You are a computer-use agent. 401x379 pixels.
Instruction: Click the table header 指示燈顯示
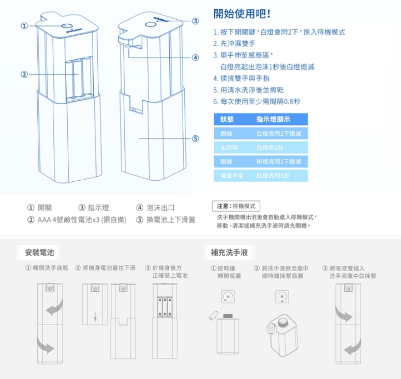tap(273, 119)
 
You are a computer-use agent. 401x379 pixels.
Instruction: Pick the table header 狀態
tap(227, 119)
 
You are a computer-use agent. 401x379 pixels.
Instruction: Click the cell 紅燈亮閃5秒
tap(273, 176)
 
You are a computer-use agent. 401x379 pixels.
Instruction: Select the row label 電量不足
tap(231, 176)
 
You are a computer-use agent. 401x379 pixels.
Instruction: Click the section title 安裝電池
tap(40, 252)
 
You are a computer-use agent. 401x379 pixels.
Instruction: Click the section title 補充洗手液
tap(230, 252)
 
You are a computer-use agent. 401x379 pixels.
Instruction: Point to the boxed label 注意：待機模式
tap(236, 206)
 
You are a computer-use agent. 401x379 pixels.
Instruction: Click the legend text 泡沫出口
tap(160, 208)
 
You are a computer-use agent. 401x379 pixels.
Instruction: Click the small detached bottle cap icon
tap(214, 313)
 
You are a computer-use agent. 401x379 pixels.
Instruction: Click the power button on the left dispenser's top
tap(66, 27)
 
